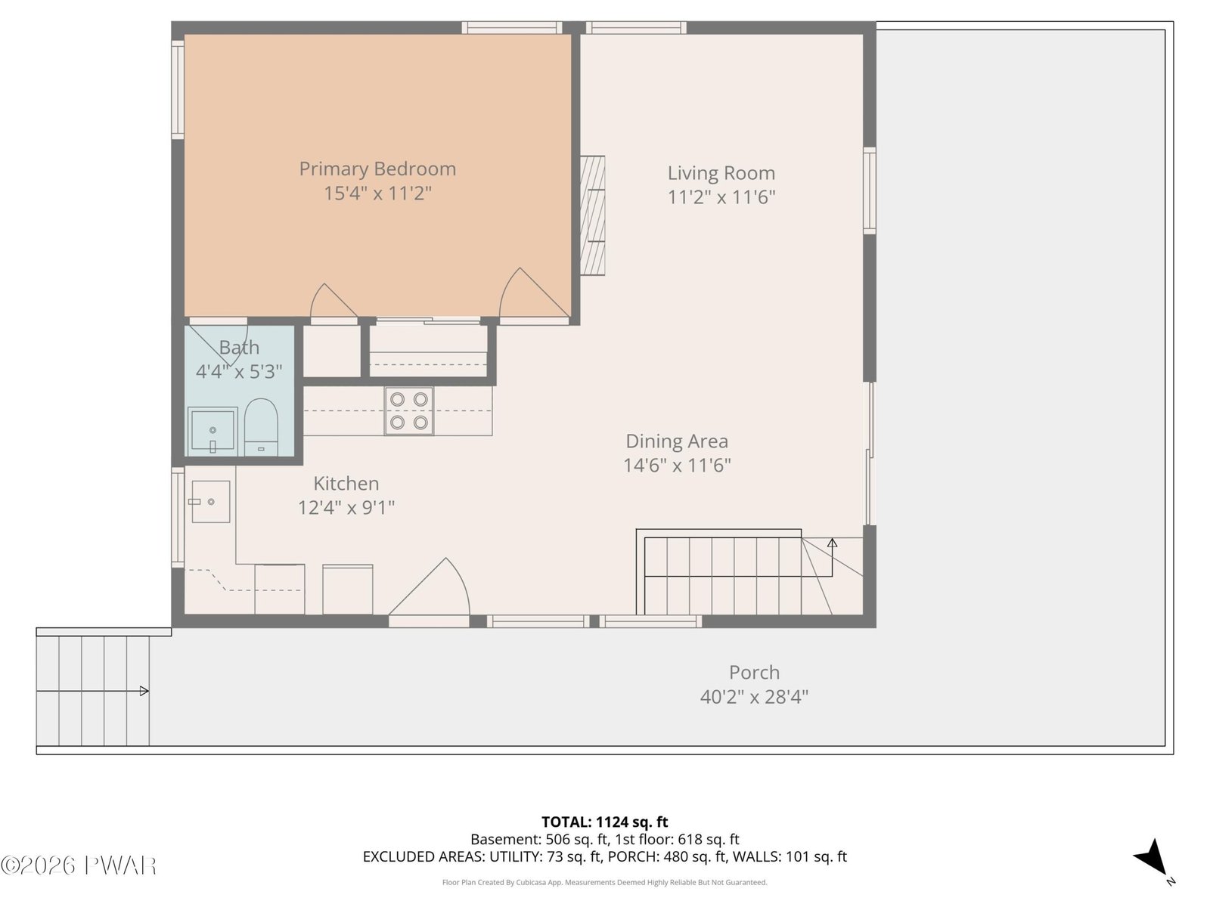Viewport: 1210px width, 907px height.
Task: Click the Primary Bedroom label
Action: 377,169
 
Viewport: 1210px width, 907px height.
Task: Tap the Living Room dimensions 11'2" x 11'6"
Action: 721,197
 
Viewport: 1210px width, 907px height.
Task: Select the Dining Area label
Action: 677,441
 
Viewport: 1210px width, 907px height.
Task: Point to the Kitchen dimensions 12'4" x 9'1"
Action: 346,507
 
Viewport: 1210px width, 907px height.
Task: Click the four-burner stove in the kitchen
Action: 409,411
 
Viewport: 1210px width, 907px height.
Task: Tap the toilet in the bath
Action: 261,427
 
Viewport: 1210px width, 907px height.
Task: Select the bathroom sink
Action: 213,431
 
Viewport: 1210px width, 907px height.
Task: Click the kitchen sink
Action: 210,501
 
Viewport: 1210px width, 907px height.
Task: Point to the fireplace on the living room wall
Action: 592,215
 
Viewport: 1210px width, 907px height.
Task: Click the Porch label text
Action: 754,673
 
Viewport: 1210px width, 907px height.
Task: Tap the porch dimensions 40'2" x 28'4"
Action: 754,697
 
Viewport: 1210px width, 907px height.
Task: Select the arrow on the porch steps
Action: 92,691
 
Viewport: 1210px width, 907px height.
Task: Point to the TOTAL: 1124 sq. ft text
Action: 605,822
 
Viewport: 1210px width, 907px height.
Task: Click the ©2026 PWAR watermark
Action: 79,865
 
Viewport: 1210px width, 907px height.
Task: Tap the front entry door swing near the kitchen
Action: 430,587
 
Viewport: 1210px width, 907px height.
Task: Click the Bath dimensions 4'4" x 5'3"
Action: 239,372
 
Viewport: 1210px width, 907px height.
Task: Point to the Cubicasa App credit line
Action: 605,882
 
